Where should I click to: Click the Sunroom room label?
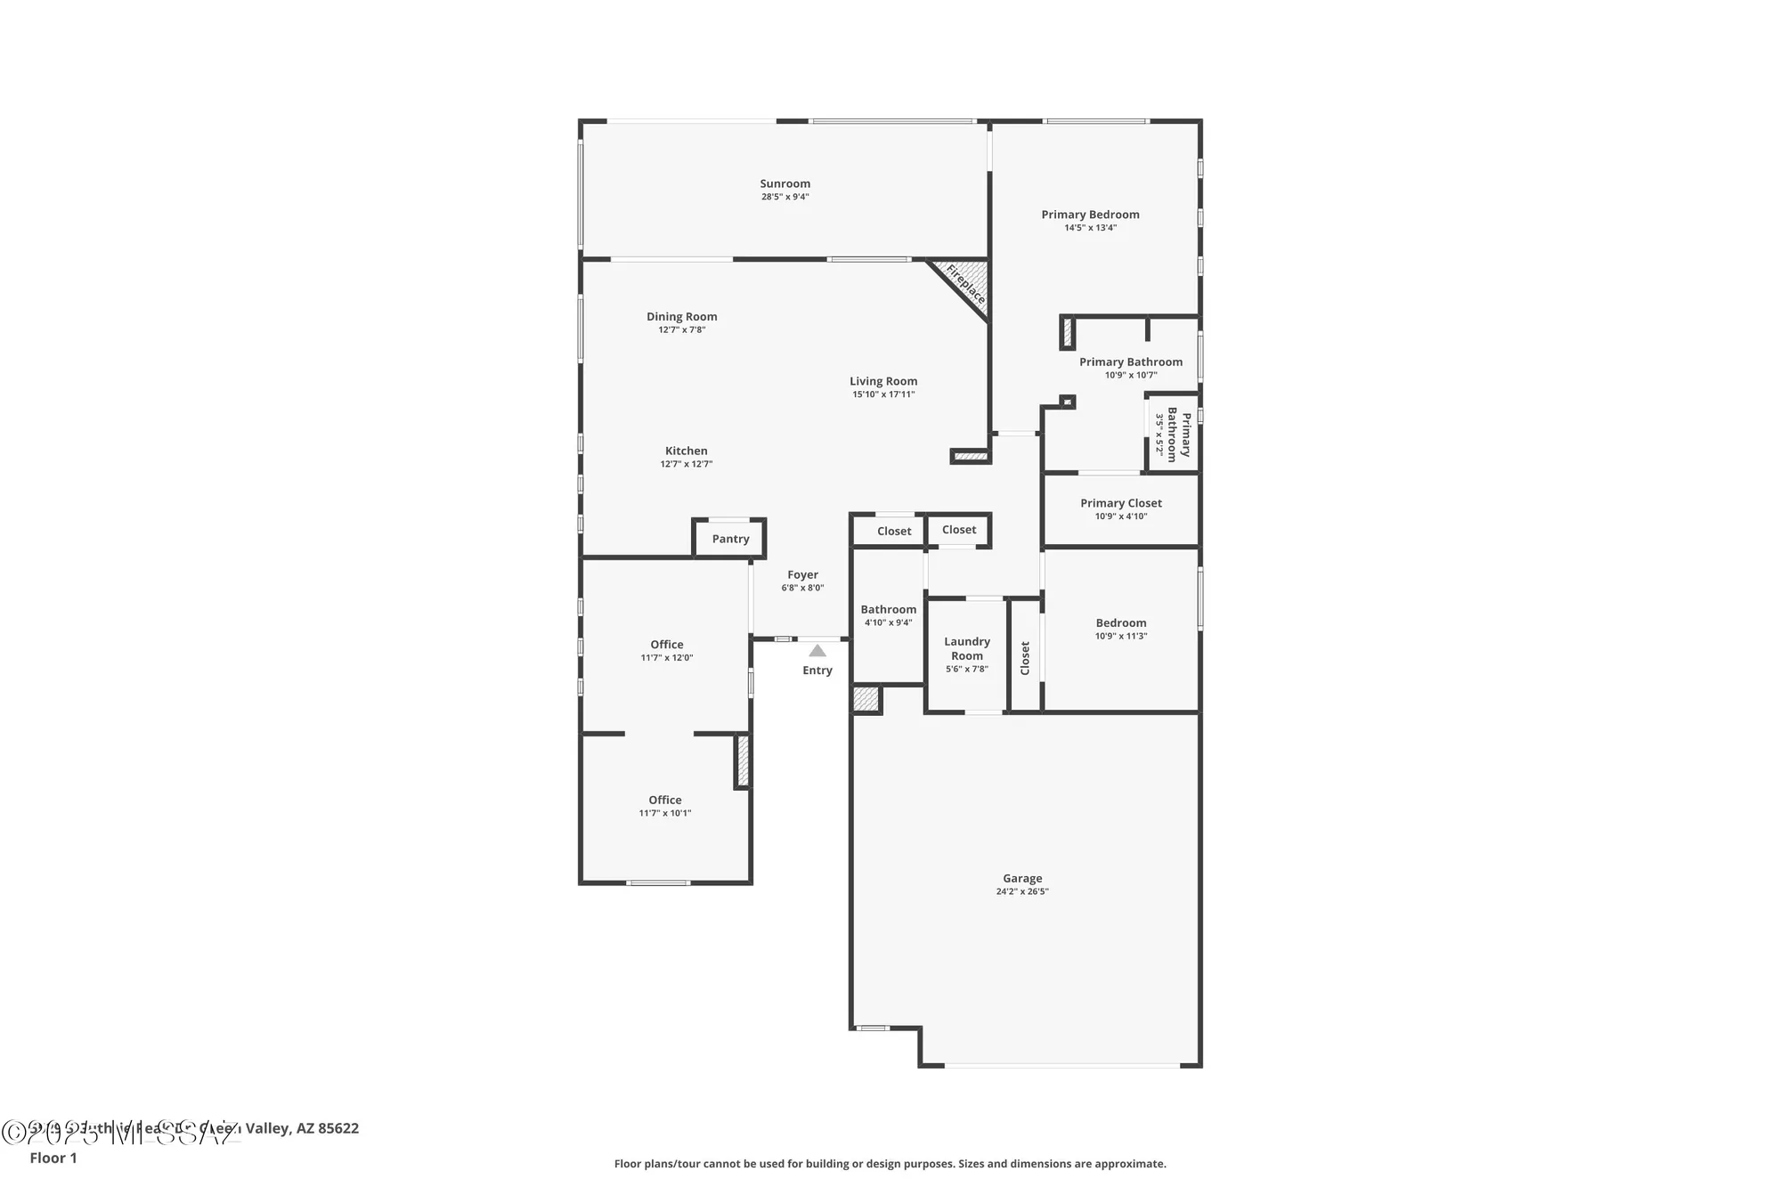pyautogui.click(x=785, y=183)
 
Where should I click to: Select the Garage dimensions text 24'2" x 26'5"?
pyautogui.click(x=1022, y=891)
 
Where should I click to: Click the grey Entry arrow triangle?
pyautogui.click(x=817, y=651)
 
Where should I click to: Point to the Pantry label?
pyautogui.click(x=730, y=539)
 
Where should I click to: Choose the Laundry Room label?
pyautogui.click(x=966, y=648)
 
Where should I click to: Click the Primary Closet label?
pyautogui.click(x=1120, y=503)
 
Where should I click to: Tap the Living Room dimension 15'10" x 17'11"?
pyautogui.click(x=882, y=394)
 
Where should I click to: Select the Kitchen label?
pyautogui.click(x=686, y=451)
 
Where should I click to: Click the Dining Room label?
pyautogui.click(x=681, y=316)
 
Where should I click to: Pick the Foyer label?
pyautogui.click(x=802, y=574)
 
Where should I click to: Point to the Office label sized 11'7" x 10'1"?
pyautogui.click(x=664, y=800)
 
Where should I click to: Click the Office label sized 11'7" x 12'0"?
pyautogui.click(x=666, y=645)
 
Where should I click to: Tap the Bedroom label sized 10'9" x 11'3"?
pyautogui.click(x=1120, y=623)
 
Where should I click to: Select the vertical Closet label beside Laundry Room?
pyautogui.click(x=1025, y=658)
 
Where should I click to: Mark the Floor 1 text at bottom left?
pyautogui.click(x=53, y=1158)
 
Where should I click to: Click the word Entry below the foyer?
pyautogui.click(x=817, y=671)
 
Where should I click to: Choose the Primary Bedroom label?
pyautogui.click(x=1090, y=215)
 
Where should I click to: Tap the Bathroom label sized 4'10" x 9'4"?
pyautogui.click(x=888, y=610)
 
